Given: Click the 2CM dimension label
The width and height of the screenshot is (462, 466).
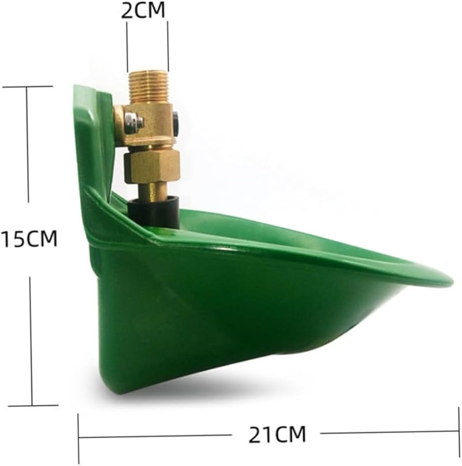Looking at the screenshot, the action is [143, 10].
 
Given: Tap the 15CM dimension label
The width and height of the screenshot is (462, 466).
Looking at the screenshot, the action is [29, 239].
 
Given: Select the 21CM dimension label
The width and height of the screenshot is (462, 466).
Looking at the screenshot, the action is [277, 434].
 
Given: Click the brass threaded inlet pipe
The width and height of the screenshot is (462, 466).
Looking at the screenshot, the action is [148, 88].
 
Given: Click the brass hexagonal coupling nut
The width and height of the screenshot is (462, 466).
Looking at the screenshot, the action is [152, 166].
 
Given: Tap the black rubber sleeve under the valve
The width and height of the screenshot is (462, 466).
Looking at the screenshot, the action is [153, 212].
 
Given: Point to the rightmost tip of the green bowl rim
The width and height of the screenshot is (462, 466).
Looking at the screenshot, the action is [453, 281].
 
